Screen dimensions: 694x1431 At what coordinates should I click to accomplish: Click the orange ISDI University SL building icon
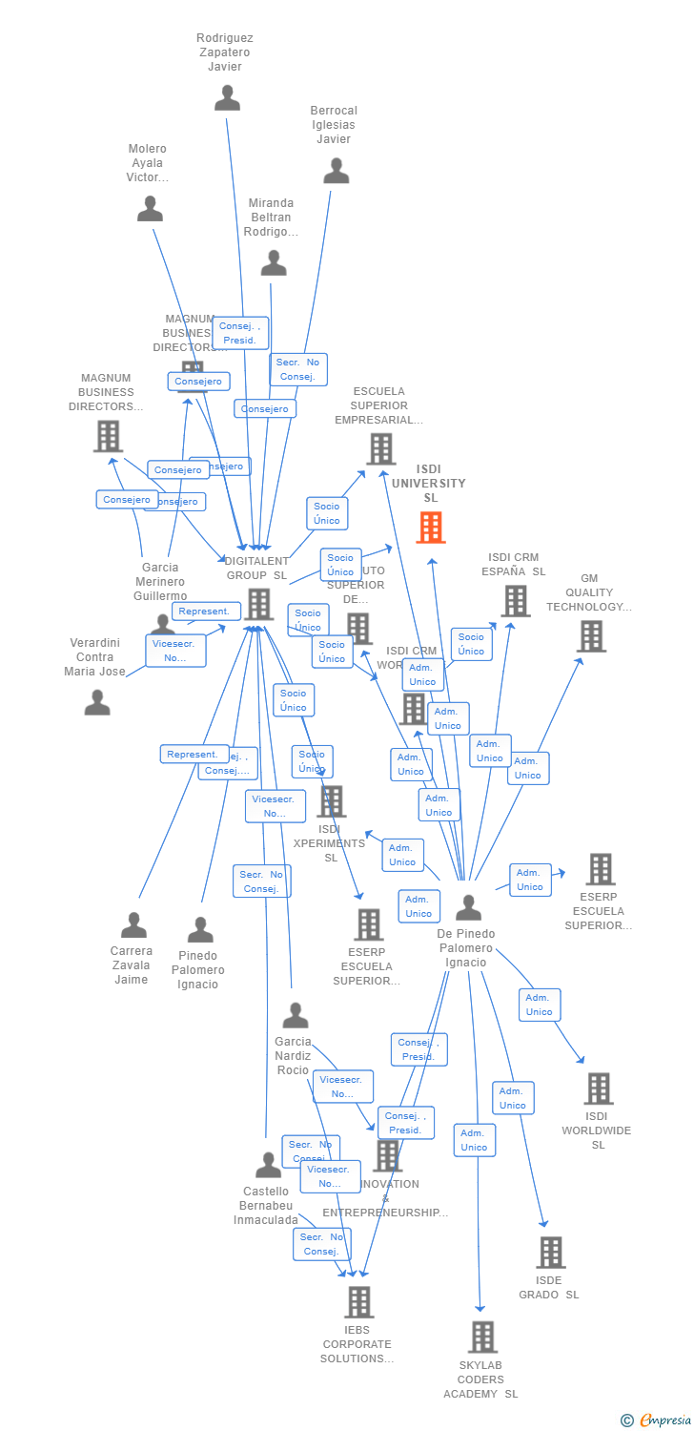[x=431, y=528]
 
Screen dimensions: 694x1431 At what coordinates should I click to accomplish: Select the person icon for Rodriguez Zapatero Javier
[x=227, y=97]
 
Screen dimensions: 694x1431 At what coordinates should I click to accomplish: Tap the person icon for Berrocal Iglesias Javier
[x=337, y=171]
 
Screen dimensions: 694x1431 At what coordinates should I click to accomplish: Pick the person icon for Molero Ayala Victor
[x=150, y=208]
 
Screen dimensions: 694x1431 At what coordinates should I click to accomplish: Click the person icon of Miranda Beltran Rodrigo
[x=274, y=262]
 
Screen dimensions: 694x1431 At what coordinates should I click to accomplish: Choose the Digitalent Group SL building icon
[x=259, y=604]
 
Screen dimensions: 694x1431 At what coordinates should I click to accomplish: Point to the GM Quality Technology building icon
[x=591, y=636]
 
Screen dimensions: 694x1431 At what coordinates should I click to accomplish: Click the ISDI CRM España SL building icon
[x=516, y=601]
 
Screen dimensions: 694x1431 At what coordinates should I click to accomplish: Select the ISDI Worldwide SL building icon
[x=598, y=1089]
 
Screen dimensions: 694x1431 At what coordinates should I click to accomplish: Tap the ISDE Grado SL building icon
[x=550, y=1253]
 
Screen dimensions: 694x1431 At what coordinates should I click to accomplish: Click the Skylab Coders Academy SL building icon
[x=482, y=1337]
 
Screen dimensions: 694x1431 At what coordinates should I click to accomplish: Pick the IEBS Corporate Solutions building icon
[x=358, y=1301]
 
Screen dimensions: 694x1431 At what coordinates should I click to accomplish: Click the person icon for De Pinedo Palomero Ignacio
[x=468, y=907]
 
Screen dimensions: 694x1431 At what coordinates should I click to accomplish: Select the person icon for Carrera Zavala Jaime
[x=133, y=924]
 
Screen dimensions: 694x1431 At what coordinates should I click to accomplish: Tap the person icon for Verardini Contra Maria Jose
[x=97, y=702]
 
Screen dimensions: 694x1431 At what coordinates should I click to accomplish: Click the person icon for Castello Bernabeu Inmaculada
[x=268, y=1165]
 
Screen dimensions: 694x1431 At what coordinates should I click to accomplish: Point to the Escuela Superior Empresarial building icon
[x=380, y=448]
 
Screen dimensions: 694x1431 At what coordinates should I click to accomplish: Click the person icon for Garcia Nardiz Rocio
[x=296, y=1015]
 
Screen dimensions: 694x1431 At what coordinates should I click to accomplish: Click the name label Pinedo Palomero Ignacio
[x=198, y=970]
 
